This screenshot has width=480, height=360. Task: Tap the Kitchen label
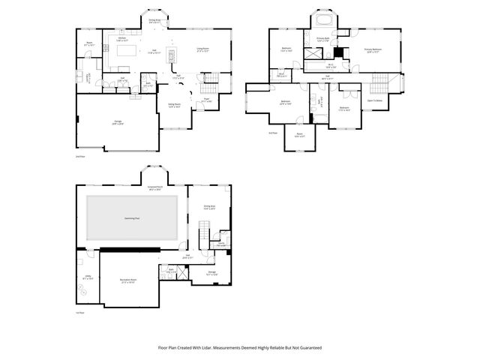tap(121, 39)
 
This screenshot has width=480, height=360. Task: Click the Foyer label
tap(207, 98)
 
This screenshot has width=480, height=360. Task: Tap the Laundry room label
tap(89, 76)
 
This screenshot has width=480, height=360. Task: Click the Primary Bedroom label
tap(372, 50)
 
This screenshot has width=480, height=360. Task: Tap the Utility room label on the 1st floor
tap(88, 276)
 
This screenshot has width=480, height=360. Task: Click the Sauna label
tap(222, 244)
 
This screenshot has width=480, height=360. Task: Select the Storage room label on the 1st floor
tap(212, 273)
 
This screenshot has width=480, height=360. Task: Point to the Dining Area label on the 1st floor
tap(210, 205)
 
